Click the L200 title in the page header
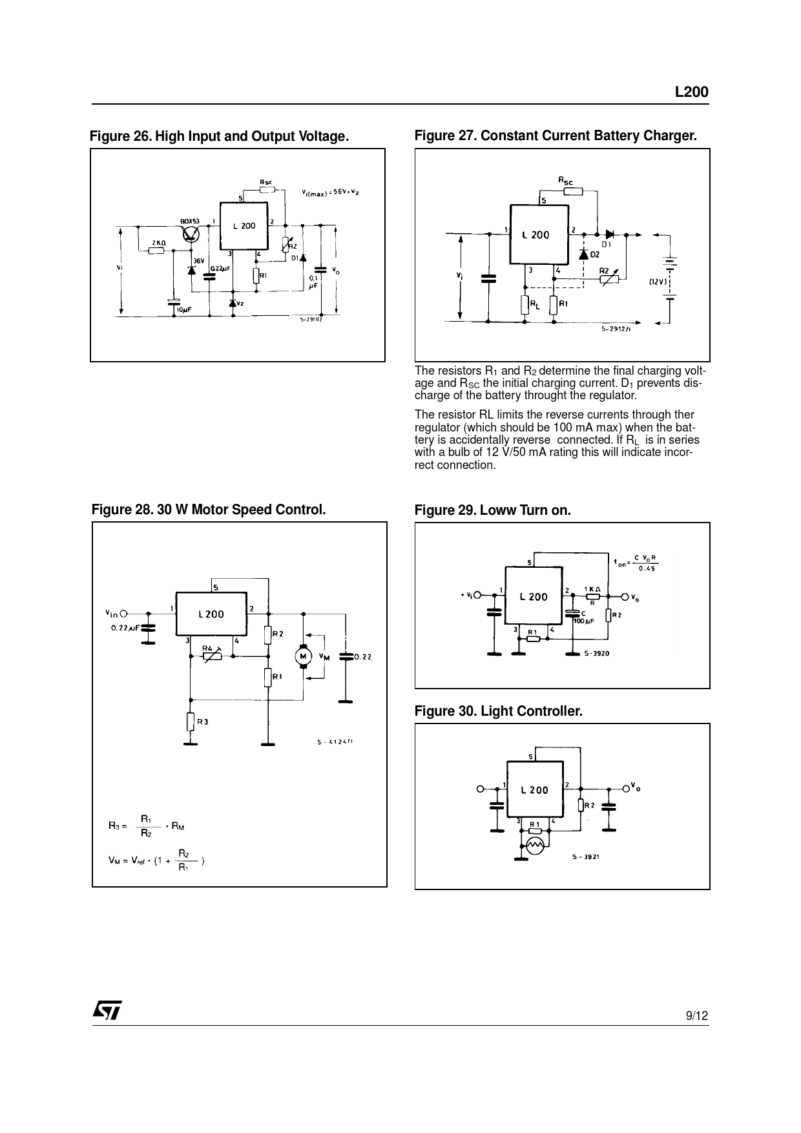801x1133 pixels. (691, 92)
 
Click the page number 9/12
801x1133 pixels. (696, 1016)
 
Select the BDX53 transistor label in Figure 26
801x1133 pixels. (190, 222)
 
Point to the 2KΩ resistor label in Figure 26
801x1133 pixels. (158, 242)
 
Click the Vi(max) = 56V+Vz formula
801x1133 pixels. (330, 192)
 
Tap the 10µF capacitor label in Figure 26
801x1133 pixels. (184, 310)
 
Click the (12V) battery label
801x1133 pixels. (658, 282)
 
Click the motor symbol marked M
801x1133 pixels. (302, 656)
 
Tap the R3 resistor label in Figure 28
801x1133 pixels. (202, 722)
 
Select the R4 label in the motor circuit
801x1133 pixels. (208, 647)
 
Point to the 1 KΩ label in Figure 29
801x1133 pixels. (593, 589)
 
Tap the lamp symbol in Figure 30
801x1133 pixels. (534, 845)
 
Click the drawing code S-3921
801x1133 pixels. (586, 857)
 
